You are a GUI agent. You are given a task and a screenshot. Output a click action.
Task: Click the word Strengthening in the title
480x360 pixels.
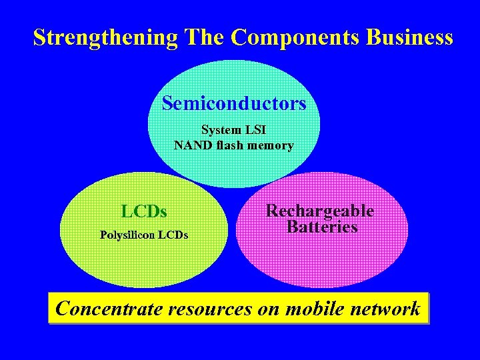[105, 37]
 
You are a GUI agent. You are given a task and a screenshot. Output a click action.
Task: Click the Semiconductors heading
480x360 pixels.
[234, 103]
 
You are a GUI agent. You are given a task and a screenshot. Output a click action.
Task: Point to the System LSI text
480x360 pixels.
[233, 130]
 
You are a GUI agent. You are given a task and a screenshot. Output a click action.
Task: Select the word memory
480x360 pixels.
[270, 145]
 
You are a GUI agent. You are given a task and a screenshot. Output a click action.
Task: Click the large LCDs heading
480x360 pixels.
[144, 212]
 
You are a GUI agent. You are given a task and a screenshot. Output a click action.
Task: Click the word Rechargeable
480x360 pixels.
[320, 211]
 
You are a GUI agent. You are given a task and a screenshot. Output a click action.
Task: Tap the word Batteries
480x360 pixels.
[322, 227]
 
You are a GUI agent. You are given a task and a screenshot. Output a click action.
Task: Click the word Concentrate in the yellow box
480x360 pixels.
[109, 308]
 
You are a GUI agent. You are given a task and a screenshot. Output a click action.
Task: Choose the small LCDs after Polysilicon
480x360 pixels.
[173, 235]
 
